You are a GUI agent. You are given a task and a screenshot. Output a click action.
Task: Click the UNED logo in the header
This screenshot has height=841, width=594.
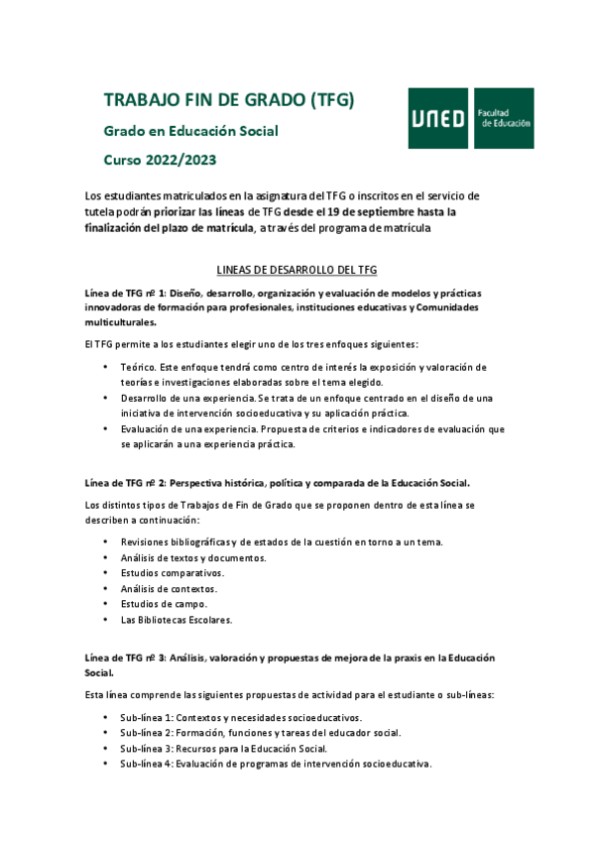click(438, 118)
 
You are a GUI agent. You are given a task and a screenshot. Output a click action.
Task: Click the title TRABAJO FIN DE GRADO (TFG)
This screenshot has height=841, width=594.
click(229, 100)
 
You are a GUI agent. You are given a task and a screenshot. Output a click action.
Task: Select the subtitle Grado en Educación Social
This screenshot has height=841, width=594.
click(191, 131)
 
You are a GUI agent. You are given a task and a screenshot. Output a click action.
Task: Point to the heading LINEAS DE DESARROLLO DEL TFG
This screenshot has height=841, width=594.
click(297, 270)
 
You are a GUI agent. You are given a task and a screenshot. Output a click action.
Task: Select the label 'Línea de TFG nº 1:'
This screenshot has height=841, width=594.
click(125, 293)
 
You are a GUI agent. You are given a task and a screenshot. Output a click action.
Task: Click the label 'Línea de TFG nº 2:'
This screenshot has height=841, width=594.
click(125, 483)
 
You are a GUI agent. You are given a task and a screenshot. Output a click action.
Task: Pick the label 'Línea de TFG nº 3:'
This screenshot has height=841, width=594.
click(125, 659)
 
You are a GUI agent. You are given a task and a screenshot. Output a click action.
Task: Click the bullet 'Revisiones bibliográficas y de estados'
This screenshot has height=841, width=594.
click(282, 541)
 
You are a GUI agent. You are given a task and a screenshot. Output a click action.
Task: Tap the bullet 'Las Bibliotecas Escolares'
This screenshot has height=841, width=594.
click(177, 620)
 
